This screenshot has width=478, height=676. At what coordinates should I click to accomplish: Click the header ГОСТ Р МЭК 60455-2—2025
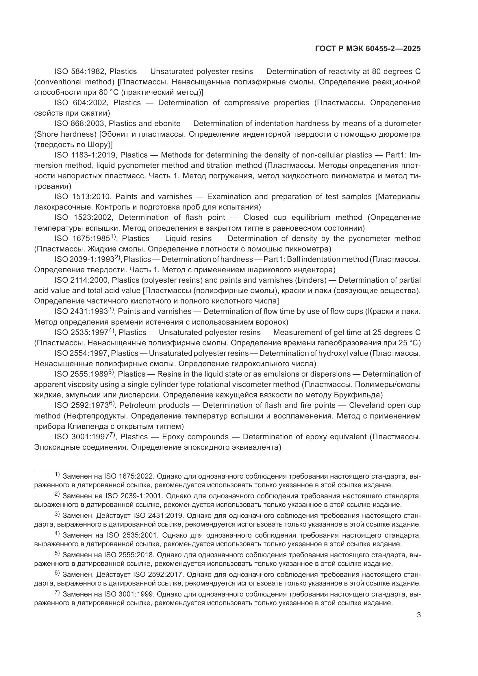(x=368, y=49)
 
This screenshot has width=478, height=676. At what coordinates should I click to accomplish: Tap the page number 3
(x=419, y=615)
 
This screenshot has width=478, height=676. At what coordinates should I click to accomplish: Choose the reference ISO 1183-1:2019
(x=85, y=155)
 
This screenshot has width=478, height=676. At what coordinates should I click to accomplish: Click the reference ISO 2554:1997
(x=81, y=353)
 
